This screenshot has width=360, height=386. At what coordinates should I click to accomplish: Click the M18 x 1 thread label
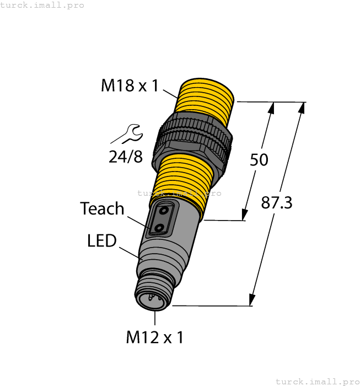pyautogui.click(x=130, y=85)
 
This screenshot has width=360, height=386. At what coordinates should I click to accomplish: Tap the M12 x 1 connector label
pyautogui.click(x=154, y=336)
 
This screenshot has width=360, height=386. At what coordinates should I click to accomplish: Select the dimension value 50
pyautogui.click(x=259, y=159)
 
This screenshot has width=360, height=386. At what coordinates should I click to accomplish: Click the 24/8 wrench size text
pyautogui.click(x=125, y=157)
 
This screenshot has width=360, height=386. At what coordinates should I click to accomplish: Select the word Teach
pyautogui.click(x=102, y=208)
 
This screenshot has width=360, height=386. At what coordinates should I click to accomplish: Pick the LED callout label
pyautogui.click(x=102, y=240)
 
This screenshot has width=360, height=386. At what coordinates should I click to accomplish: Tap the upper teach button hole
pyautogui.click(x=164, y=211)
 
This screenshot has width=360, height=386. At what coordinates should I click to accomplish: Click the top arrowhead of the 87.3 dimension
pyautogui.click(x=301, y=108)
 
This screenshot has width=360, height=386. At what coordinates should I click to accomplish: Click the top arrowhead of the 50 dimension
pyautogui.click(x=271, y=108)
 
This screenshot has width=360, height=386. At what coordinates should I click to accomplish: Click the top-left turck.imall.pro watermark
pyautogui.click(x=42, y=5)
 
